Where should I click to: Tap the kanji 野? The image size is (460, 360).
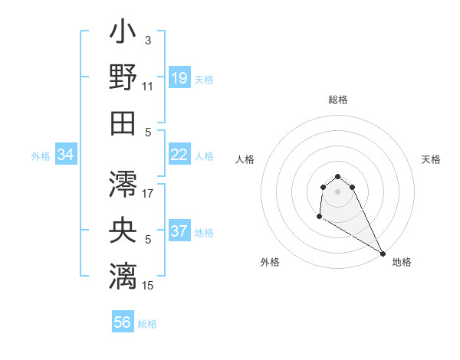tap(123, 78)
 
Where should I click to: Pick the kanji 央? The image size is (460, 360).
tap(123, 229)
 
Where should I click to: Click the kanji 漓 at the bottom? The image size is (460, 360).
tap(123, 274)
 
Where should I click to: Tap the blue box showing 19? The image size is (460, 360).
tap(179, 79)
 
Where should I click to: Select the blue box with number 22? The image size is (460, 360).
tap(179, 155)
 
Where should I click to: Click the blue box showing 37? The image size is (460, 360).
tap(179, 232)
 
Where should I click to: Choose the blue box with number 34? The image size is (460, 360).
tap(66, 155)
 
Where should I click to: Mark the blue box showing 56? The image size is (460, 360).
tap(123, 323)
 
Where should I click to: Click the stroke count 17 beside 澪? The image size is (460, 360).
tap(148, 194)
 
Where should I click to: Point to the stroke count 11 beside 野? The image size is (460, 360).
tap(148, 87)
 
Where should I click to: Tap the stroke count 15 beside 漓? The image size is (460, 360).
tap(148, 286)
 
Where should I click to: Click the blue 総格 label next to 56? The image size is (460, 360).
tap(147, 324)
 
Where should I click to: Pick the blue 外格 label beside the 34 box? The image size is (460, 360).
tap(41, 156)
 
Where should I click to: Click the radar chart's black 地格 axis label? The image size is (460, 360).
tap(402, 262)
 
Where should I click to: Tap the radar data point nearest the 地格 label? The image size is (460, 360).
tap(383, 253)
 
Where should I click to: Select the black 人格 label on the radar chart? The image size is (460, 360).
tap(245, 159)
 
